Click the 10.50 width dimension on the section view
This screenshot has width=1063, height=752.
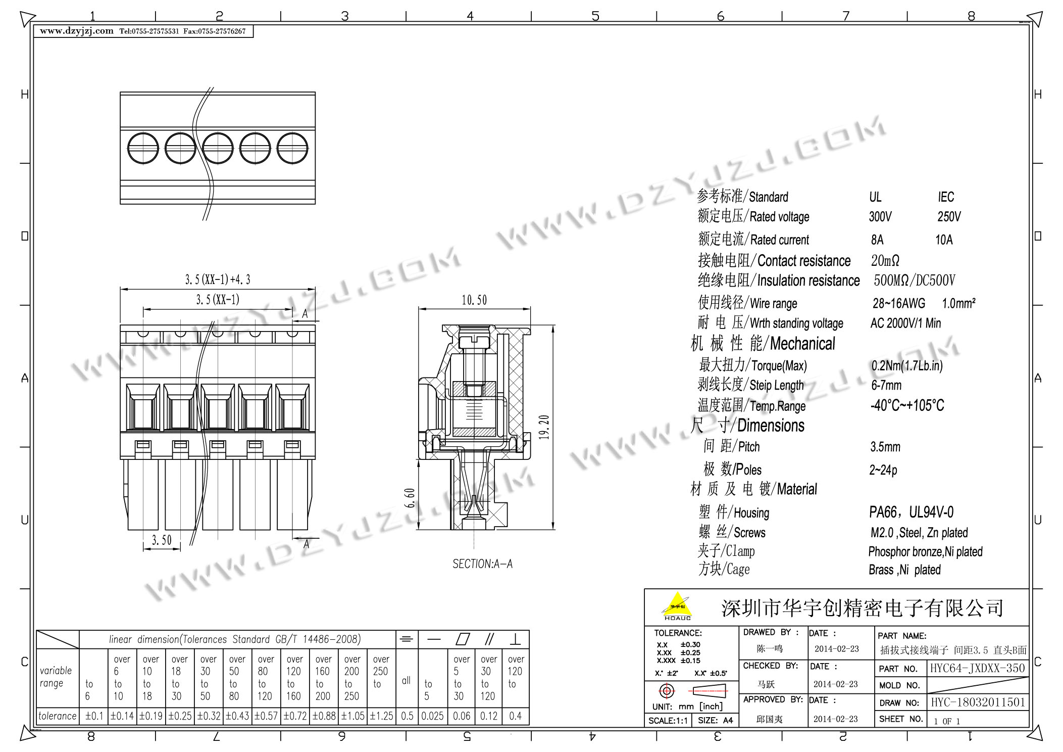click(474, 300)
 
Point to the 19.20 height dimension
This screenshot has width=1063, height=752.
click(544, 427)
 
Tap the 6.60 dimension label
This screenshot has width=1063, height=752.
click(410, 498)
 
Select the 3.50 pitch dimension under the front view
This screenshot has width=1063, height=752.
click(162, 540)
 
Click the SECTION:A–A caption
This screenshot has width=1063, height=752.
click(482, 564)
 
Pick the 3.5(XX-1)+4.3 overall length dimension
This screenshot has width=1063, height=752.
click(218, 279)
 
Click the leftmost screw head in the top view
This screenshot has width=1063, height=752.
click(143, 148)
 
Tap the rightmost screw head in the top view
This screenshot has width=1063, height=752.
click(292, 148)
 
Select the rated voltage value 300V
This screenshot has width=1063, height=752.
click(880, 217)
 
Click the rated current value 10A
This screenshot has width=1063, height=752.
click(944, 240)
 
